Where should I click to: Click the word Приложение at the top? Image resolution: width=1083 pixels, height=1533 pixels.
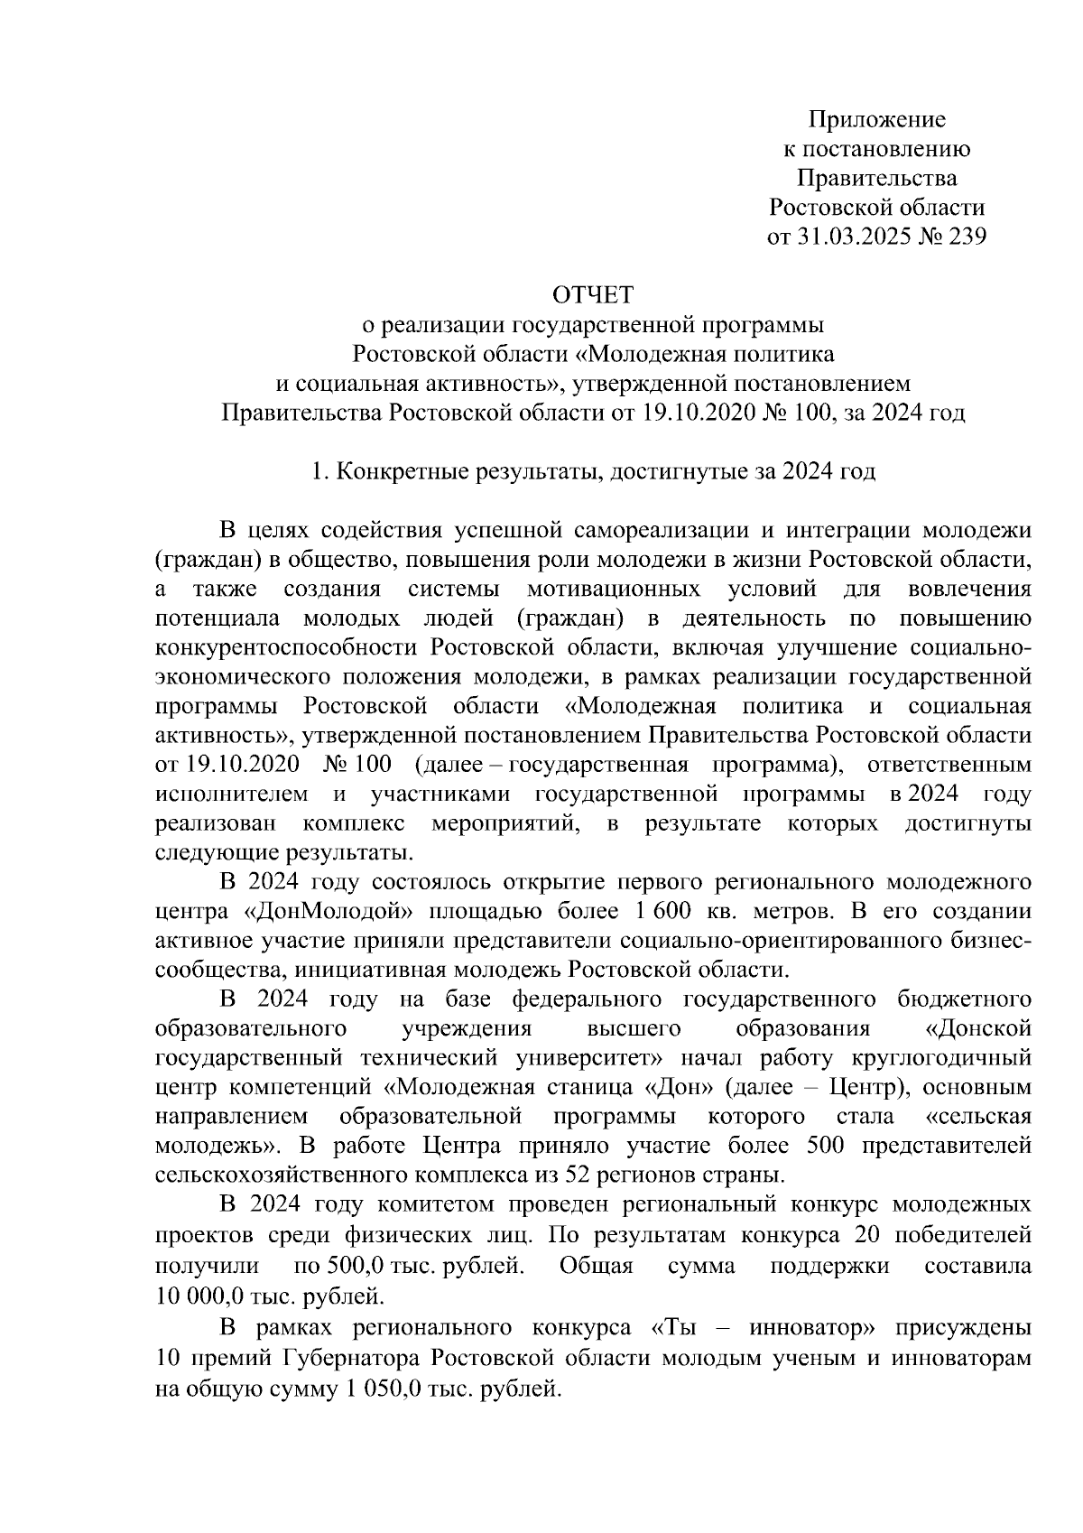pyautogui.click(x=876, y=119)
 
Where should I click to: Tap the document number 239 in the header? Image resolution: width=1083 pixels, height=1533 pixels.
pyautogui.click(x=962, y=237)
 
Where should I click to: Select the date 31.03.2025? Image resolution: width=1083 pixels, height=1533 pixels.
pyautogui.click(x=847, y=237)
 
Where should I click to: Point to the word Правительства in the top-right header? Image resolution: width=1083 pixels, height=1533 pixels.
pyautogui.click(x=876, y=178)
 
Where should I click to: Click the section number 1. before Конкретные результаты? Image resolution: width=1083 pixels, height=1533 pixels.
pyautogui.click(x=318, y=472)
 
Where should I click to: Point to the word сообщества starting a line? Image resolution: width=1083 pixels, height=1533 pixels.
pyautogui.click(x=211, y=971)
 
